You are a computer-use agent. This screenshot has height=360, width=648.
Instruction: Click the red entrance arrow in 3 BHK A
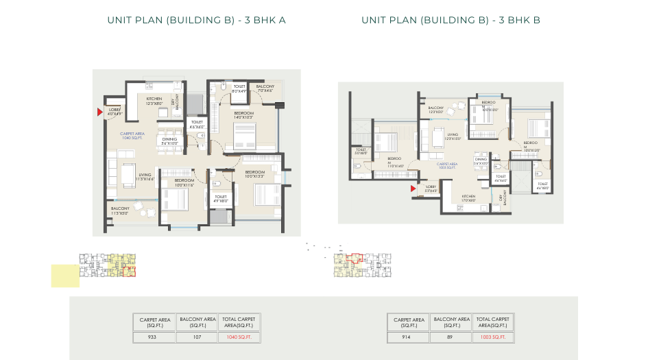pos(100,112)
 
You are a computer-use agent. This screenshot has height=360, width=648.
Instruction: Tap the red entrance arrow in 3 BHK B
pos(413,187)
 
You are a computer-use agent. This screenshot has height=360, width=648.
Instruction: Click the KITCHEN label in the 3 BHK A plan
pos(154,101)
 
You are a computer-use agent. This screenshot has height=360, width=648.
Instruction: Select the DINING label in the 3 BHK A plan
pos(169,141)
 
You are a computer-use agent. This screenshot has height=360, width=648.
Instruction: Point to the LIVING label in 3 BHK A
pos(145,177)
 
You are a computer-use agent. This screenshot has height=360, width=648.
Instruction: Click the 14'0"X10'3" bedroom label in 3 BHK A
pos(243,115)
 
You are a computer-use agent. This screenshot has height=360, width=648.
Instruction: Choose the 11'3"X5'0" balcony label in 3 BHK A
pos(120,211)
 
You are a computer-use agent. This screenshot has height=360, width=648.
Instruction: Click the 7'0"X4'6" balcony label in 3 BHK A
pos(265,88)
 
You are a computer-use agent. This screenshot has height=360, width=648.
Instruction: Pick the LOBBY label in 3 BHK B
pos(431,189)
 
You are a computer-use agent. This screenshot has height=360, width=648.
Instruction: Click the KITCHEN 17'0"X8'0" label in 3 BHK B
pos(468,198)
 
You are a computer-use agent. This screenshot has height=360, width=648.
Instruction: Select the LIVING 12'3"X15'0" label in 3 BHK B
pos(453,137)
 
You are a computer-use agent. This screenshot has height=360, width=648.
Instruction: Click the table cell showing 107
pos(197,337)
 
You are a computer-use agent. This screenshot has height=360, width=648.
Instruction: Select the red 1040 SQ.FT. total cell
pos(239,337)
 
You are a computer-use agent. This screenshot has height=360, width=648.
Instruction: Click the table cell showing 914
pos(408,337)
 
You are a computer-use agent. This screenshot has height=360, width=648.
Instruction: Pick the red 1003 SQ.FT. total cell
pos(493,337)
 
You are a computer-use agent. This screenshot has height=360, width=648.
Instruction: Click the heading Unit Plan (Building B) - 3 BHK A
pos(196,21)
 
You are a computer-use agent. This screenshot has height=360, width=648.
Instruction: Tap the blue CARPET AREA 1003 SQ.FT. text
pos(447,166)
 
